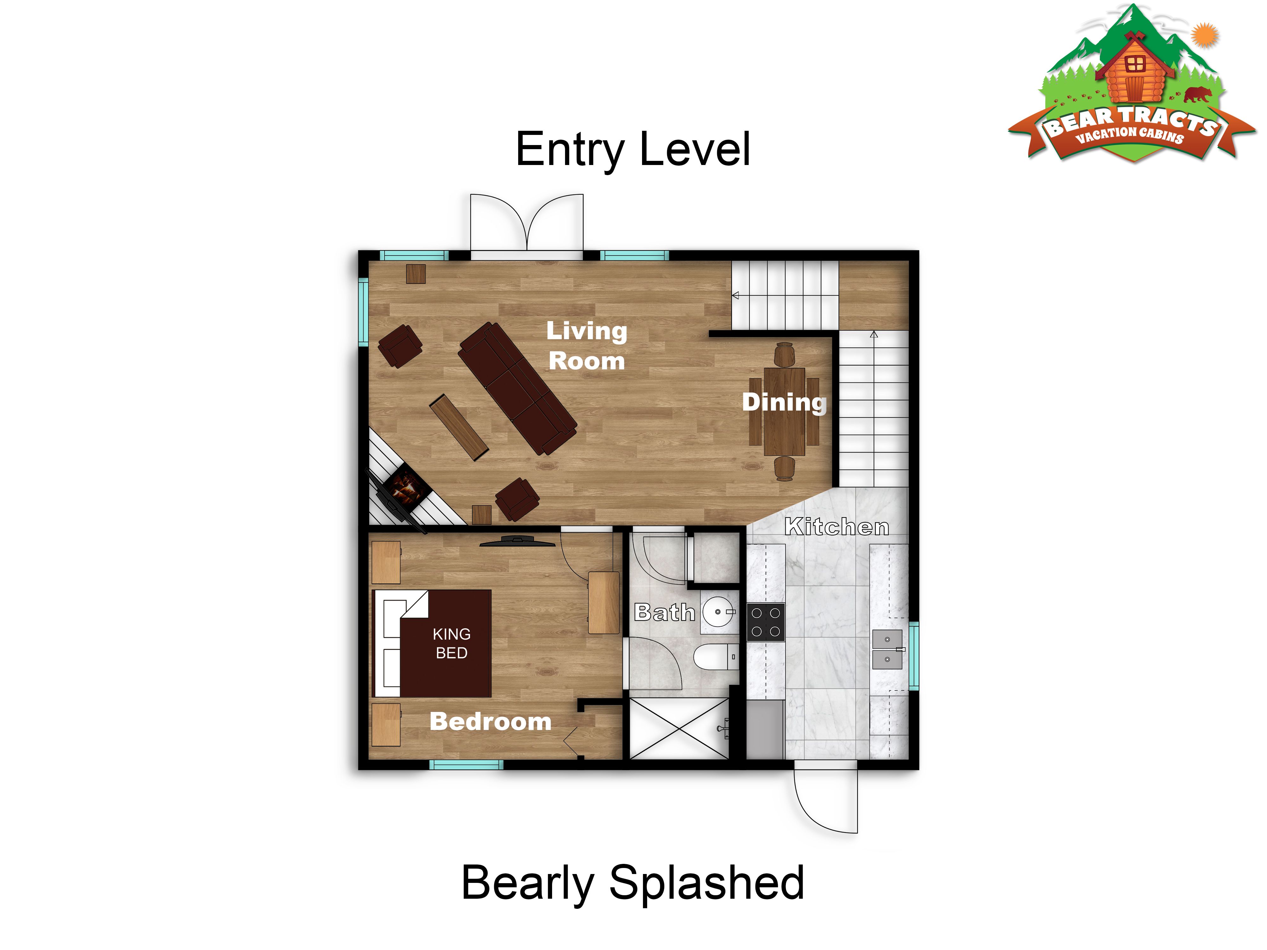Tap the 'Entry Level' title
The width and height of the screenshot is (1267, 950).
point(633,149)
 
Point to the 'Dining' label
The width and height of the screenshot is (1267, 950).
point(784,402)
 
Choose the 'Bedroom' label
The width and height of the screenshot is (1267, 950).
point(490,721)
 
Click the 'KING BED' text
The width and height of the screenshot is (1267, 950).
point(451,643)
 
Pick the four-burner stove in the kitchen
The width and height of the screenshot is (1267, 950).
point(766,622)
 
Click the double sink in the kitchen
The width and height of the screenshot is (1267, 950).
point(887,649)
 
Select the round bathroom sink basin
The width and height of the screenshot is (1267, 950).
point(719,611)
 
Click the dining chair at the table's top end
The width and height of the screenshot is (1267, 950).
point(784,354)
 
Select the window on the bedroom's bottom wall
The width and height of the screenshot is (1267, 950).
point(466,764)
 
